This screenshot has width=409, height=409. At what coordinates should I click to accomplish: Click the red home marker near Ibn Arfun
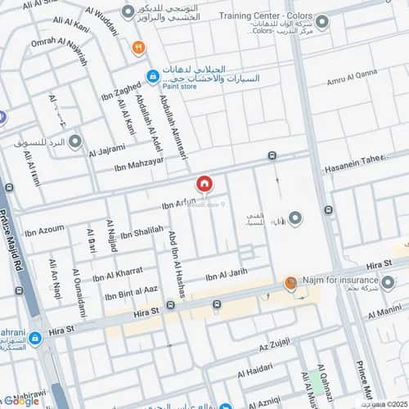pos(204,185)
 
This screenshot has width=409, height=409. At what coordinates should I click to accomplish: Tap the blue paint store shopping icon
pos(152,77)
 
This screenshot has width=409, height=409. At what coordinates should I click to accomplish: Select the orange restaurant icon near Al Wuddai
pos(138,47)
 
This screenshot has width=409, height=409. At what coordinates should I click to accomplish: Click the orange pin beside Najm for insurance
pos(290,283)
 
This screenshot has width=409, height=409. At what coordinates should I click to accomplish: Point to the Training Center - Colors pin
pos(322,22)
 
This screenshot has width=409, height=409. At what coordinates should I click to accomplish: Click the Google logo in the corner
pos(20,400)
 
